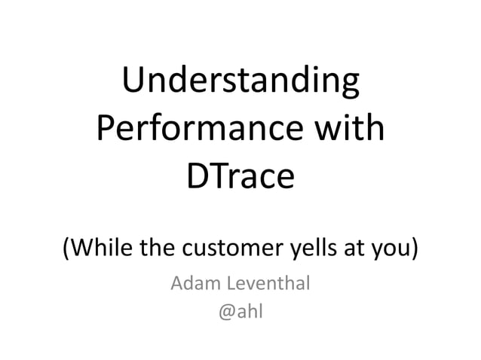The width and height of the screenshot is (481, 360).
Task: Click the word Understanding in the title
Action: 240,82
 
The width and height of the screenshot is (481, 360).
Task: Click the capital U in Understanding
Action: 134,82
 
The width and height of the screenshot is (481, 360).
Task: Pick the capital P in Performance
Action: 107,129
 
